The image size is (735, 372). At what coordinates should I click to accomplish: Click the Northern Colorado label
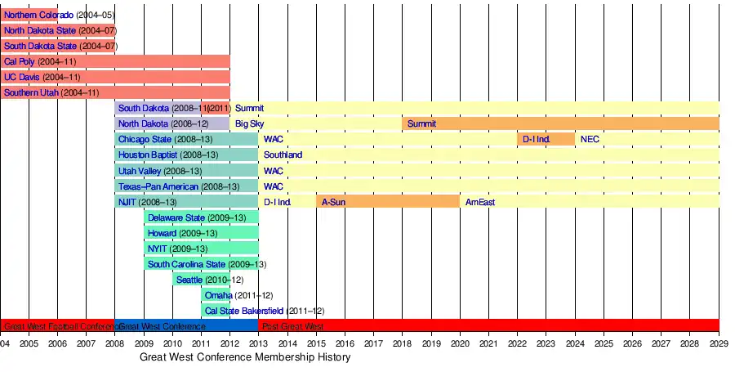coord(38,16)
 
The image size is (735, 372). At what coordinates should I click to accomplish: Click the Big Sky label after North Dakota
coord(249,124)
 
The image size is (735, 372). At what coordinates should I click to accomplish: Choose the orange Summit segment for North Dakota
coord(560,124)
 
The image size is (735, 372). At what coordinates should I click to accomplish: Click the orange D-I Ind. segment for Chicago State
coord(545,140)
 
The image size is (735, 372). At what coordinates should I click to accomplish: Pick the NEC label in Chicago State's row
coord(590,140)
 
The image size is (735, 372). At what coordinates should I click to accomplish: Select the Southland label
coord(283,155)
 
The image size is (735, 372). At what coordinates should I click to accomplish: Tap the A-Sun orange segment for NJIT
coord(387,202)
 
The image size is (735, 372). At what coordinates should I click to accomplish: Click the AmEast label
coord(479,202)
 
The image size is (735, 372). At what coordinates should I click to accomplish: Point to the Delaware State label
coord(176,218)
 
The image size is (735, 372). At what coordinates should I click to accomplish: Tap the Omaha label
coord(218,296)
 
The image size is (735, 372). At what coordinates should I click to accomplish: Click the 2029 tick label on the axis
coord(719,343)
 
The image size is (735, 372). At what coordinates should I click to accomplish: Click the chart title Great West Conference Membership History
coord(245,358)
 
